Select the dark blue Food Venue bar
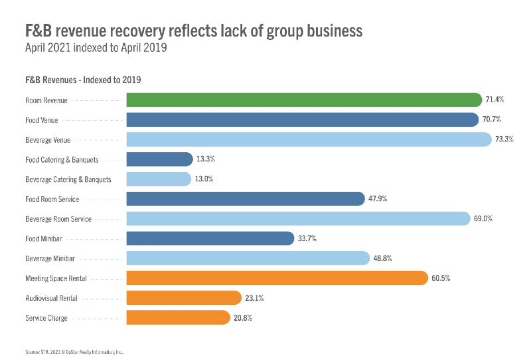[x=302, y=120]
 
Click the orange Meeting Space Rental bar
[x=277, y=278]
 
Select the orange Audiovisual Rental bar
[x=184, y=298]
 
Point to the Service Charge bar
[x=178, y=317]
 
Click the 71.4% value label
[x=495, y=100]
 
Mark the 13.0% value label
[x=204, y=179]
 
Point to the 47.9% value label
[x=379, y=199]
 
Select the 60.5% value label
[x=441, y=278]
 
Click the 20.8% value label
[x=243, y=317]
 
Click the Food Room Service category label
[x=52, y=199]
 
